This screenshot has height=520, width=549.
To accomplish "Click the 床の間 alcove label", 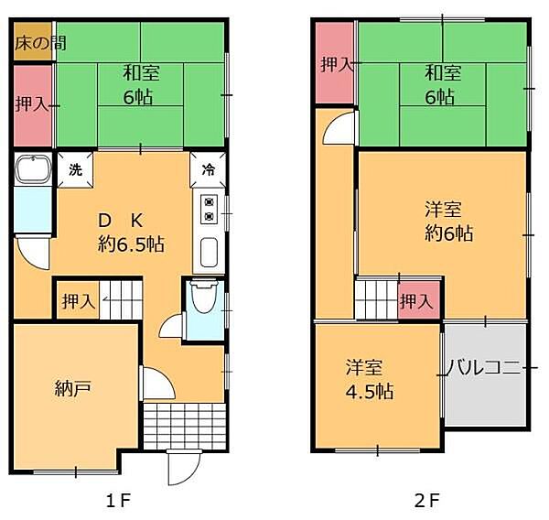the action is click(x=40, y=43).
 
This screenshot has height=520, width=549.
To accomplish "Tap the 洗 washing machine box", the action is click(x=75, y=169).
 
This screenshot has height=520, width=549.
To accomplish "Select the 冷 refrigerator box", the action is click(x=208, y=169).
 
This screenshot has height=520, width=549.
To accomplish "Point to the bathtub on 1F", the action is click(x=33, y=169).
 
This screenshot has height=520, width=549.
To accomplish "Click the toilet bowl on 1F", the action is click(x=204, y=296).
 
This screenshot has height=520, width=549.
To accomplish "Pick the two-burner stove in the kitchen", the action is click(x=209, y=210).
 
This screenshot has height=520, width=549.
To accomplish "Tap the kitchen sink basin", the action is click(x=209, y=253).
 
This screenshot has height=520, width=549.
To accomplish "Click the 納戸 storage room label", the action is click(x=73, y=388).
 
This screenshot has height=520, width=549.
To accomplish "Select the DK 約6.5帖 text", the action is click(x=131, y=233).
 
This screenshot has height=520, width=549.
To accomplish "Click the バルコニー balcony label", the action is click(x=485, y=368).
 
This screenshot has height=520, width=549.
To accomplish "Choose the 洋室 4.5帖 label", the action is click(x=369, y=380).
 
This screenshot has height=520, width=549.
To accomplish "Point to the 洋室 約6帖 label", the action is click(x=449, y=222).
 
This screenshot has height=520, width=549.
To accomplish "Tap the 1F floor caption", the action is click(x=119, y=500).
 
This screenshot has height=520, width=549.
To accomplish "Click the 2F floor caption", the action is click(x=426, y=500).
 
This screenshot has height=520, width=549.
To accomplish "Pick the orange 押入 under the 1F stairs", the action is click(x=78, y=300).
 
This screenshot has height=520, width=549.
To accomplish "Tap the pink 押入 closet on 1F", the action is click(x=33, y=105).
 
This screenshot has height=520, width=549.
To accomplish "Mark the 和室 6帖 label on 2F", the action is click(x=443, y=84).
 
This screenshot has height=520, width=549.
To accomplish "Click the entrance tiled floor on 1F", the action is click(x=184, y=426).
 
